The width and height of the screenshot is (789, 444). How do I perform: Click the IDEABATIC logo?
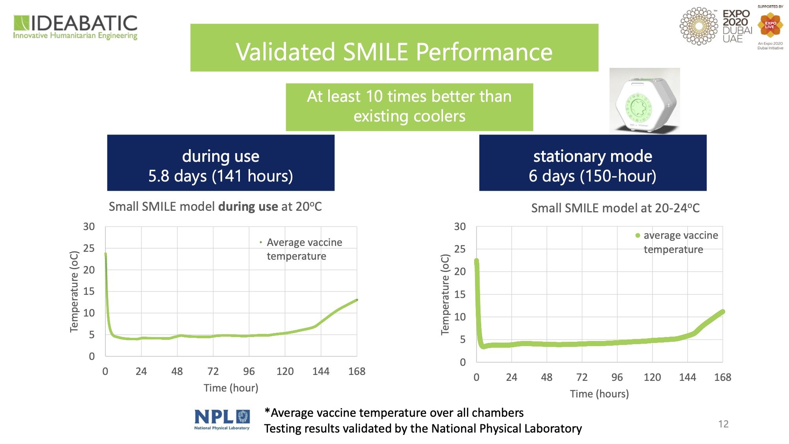[x=75, y=27]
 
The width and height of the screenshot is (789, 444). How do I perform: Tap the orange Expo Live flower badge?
[x=770, y=25]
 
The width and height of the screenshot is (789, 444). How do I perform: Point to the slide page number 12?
[x=723, y=424]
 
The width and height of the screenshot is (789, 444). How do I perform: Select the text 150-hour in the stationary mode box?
[x=618, y=176]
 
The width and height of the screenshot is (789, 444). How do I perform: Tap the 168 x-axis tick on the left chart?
[x=357, y=371]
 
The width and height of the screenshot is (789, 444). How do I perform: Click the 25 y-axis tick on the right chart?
[x=460, y=249]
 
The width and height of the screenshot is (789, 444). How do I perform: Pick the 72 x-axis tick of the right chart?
[x=582, y=377]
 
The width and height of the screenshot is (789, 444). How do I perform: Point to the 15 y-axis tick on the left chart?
[x=89, y=291]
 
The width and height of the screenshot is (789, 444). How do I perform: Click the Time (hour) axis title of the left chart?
[x=231, y=388]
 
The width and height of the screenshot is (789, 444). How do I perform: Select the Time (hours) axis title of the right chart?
[x=599, y=394]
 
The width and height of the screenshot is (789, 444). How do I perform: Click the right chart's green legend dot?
[x=638, y=236]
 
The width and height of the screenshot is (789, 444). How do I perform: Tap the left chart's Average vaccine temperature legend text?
[x=304, y=249]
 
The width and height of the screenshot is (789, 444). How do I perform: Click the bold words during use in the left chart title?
[x=248, y=206]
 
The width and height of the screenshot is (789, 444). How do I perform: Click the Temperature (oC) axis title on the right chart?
[x=445, y=294]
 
